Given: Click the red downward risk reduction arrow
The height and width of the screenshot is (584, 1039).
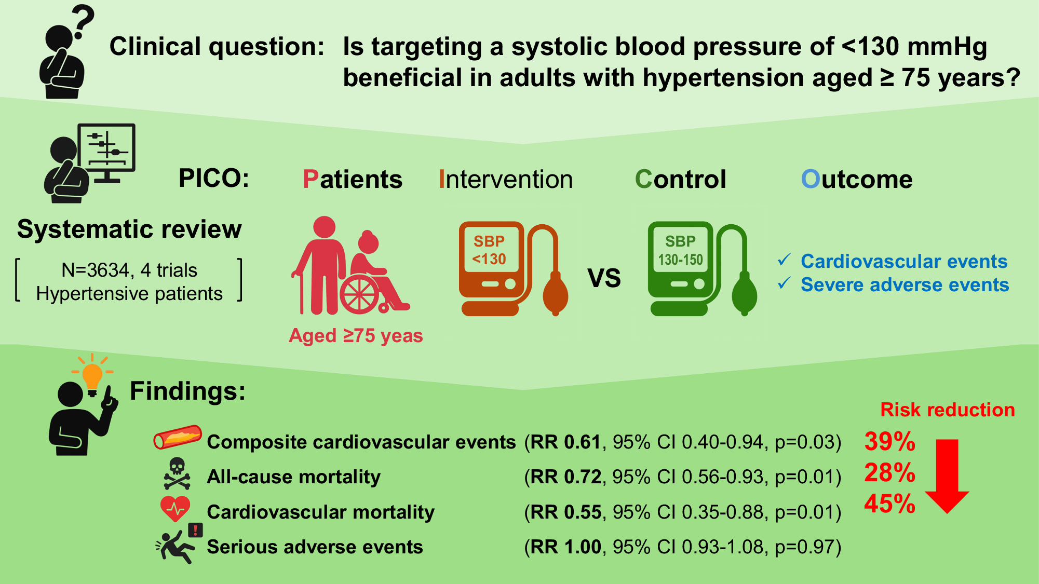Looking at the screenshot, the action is (947, 476).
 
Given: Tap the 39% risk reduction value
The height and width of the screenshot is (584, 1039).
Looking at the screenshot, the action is (889, 441).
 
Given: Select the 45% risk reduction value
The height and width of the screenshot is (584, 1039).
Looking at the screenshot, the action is (889, 504).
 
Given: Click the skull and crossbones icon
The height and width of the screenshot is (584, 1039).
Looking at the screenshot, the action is (177, 473).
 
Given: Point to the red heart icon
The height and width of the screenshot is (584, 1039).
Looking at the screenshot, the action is (176, 509).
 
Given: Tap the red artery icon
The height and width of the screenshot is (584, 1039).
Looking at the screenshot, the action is (178, 437).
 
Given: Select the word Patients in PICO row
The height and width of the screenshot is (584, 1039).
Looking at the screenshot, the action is (352, 179).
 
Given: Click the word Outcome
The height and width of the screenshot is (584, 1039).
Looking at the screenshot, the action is (857, 179).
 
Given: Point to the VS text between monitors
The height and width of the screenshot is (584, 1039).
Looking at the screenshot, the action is (604, 278).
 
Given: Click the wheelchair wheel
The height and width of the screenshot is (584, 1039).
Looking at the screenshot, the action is (359, 294).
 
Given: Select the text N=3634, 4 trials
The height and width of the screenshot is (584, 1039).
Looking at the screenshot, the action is (129, 270).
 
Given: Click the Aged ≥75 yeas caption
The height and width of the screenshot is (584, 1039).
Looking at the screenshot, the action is (356, 335).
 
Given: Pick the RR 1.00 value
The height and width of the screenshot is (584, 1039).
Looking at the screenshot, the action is (565, 547).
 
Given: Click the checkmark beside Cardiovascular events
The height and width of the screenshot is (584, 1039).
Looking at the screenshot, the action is (784, 260).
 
